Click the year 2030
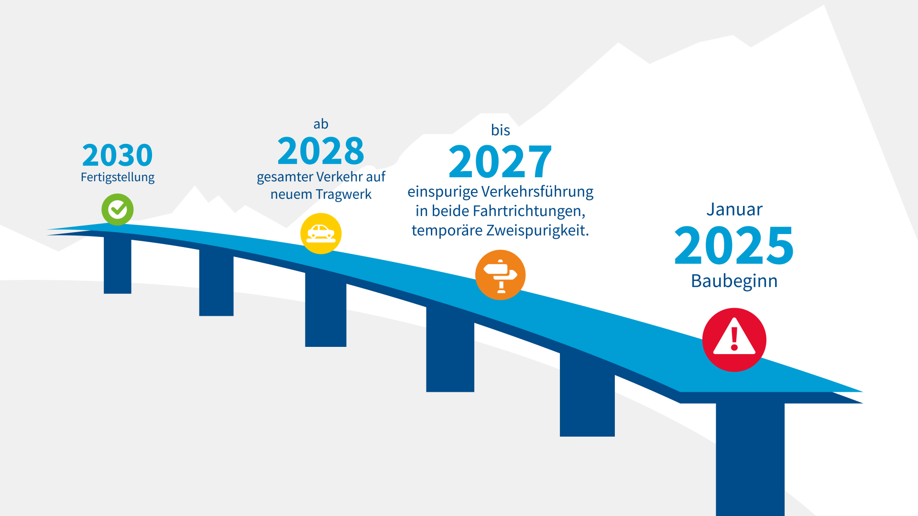(x=118, y=155)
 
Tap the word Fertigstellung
(x=118, y=177)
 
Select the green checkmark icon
(x=118, y=209)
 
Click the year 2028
(x=321, y=151)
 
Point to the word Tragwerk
(x=344, y=195)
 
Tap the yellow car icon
(x=321, y=233)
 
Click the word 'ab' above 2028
(x=321, y=124)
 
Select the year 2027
(x=500, y=161)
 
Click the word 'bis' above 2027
(x=501, y=130)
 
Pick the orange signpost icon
(x=501, y=275)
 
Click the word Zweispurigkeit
(x=537, y=231)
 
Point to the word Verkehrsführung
(x=537, y=192)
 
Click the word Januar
(x=734, y=210)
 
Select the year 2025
(x=734, y=245)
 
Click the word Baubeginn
(x=734, y=281)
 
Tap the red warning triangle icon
(x=734, y=340)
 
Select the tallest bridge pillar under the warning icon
(x=750, y=459)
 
